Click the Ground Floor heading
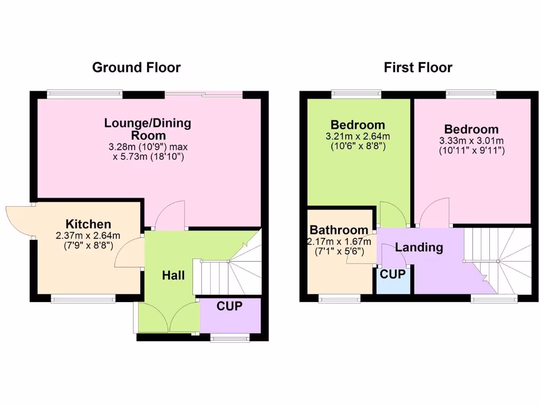point(136,67)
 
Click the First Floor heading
point(418,67)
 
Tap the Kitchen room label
point(88,224)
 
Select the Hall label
point(173,275)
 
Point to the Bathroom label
point(339,230)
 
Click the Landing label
point(419,247)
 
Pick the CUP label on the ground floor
point(230,306)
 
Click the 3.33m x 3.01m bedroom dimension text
point(471,141)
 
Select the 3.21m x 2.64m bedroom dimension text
point(358,136)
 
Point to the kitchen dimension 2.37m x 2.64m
point(88,236)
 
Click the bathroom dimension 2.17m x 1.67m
point(340,242)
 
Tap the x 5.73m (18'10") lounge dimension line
point(148,157)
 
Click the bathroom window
point(340,298)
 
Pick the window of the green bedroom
point(356,94)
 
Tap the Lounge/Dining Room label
point(148,129)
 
